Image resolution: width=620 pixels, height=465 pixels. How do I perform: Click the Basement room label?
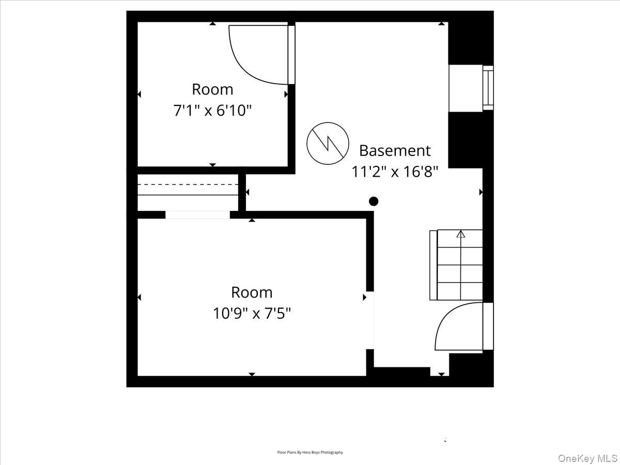395,150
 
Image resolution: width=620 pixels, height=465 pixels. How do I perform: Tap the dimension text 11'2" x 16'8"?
395,172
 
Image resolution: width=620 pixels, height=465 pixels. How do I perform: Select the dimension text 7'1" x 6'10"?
212,110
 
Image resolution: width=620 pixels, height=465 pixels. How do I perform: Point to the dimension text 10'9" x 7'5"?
252,313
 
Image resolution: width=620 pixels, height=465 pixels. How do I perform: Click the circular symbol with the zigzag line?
324,143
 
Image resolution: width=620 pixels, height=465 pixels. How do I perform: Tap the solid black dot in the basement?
374,201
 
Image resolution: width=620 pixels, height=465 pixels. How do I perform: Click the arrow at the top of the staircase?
460,234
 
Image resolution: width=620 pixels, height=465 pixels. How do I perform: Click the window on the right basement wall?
488,88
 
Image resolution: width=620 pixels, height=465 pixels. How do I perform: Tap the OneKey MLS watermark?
588,458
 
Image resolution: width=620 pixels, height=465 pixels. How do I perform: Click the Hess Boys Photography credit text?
310,453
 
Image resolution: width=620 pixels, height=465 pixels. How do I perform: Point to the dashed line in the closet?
188,184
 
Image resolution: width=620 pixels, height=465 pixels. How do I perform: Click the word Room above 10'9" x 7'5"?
252,292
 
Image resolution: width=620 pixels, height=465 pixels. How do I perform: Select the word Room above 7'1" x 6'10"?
212,89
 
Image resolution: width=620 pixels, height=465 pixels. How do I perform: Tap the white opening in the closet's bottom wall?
197,215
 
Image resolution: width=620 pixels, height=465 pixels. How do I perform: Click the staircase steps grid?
460,265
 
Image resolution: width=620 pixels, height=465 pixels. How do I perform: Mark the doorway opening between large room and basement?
370,320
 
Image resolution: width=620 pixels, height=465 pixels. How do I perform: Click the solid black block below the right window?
465,139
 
